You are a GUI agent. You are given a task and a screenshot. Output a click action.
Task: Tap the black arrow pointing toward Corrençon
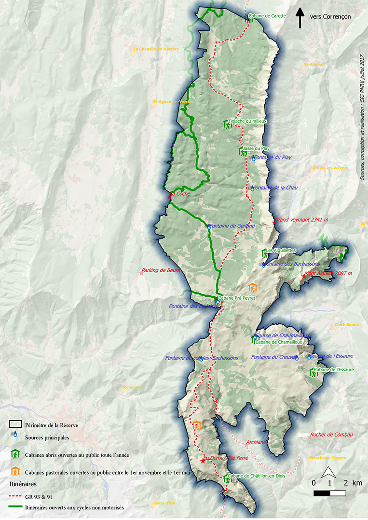tap(300, 17)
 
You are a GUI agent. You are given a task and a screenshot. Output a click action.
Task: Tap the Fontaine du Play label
tap(274, 158)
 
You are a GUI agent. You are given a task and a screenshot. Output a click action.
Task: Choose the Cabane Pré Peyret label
tap(237, 298)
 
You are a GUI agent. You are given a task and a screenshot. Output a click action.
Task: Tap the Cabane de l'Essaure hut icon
tap(312, 372)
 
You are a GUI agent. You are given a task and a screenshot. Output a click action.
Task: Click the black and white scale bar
tap(330, 493)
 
